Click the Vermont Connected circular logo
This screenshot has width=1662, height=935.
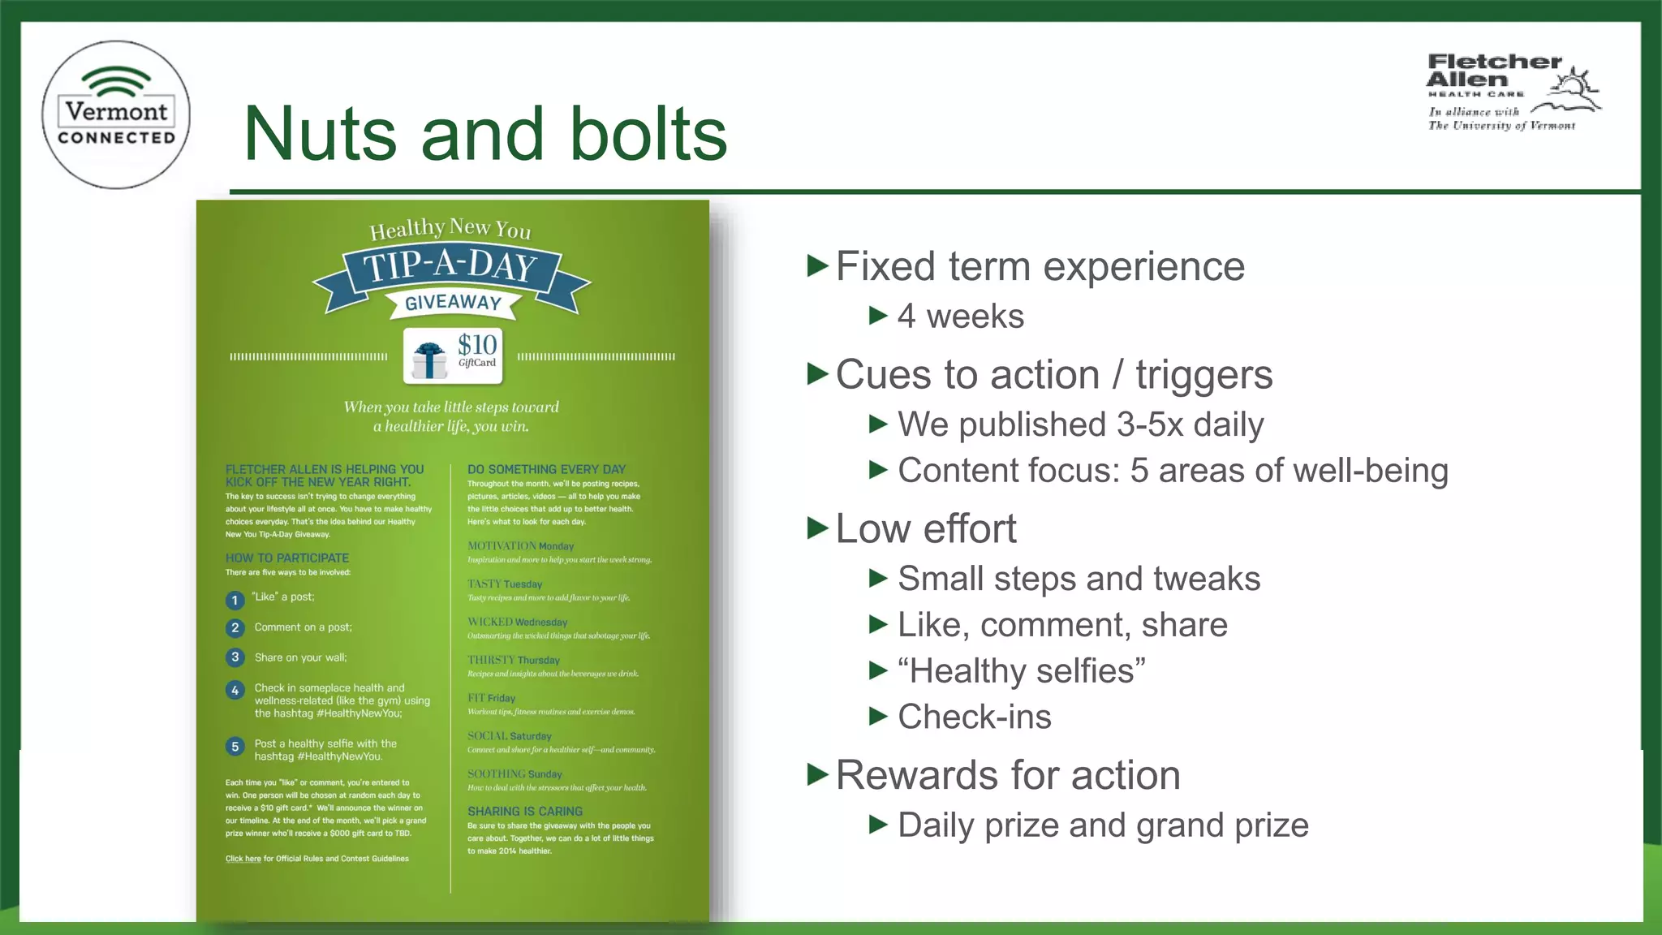pos(116,114)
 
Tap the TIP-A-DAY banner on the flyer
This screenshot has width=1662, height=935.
pos(450,268)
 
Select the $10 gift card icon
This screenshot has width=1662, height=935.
pos(454,355)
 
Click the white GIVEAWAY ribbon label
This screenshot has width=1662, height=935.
pos(453,303)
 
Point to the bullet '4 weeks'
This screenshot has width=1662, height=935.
pos(960,317)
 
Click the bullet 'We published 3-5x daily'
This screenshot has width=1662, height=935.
pos(1080,424)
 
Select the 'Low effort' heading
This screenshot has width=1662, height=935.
pos(925,529)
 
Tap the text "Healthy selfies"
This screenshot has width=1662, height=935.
pos(1022,671)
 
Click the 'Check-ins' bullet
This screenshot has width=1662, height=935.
pos(974,717)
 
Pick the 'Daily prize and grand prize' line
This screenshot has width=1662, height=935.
pos(1103,825)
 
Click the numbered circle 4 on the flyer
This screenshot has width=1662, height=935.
pos(235,690)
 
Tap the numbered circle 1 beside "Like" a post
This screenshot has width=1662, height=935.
pos(235,601)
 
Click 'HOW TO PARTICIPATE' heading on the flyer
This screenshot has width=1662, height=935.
pos(287,558)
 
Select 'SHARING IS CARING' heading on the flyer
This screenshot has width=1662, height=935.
pos(525,812)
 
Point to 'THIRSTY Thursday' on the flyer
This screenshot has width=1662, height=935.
pos(513,660)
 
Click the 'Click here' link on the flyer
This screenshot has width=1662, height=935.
pos(243,859)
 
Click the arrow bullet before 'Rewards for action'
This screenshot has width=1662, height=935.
pos(817,775)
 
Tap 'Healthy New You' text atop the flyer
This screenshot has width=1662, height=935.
pos(450,229)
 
